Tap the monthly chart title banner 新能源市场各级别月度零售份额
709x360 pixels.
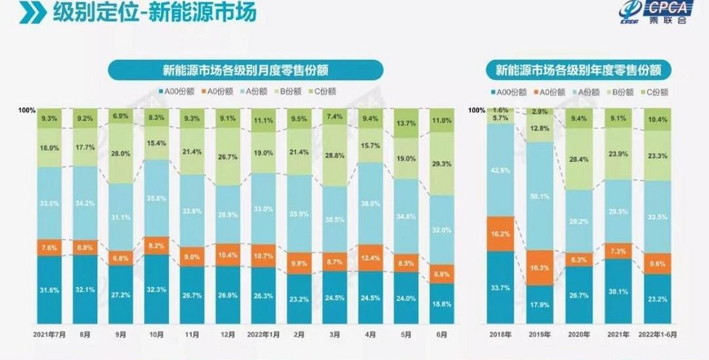pos(246,70)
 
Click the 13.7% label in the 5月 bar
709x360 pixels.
pos(406,124)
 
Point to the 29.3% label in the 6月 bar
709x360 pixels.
pos(442,164)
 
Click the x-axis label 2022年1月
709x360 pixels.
pos(263,334)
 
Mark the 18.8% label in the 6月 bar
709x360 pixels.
pos(442,304)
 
